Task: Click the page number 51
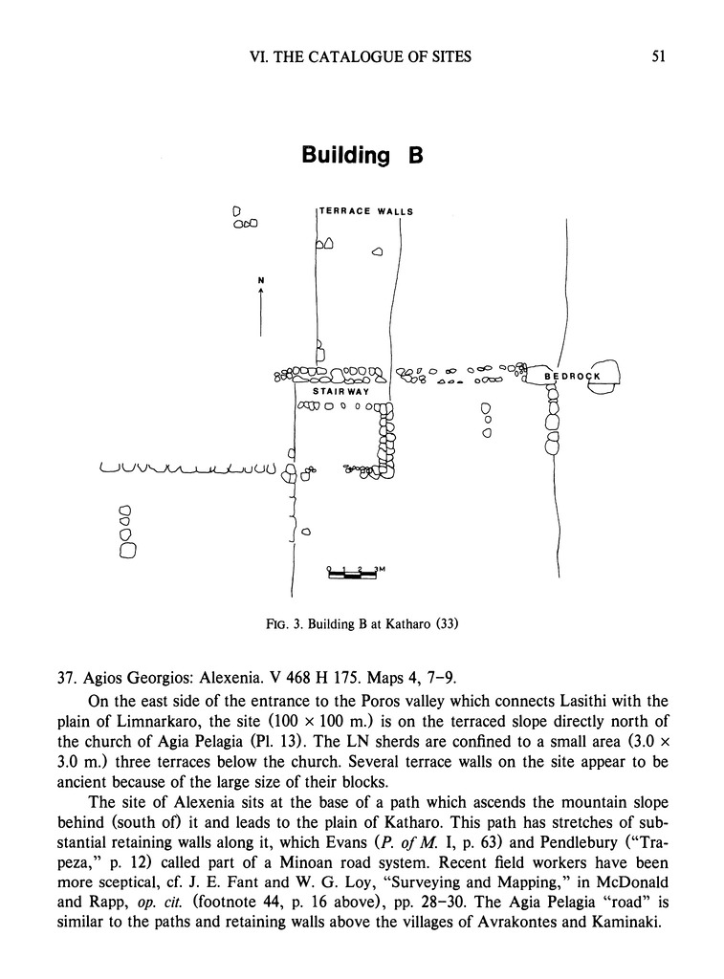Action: pos(658,56)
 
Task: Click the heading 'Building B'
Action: pos(362,155)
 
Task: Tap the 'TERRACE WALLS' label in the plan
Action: pos(365,211)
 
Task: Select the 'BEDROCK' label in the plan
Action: pos(572,377)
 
